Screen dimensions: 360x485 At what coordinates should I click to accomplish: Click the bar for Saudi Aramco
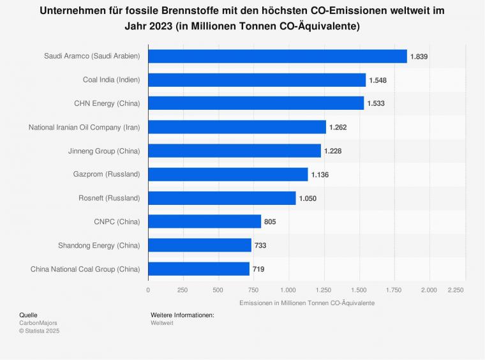tap(278, 56)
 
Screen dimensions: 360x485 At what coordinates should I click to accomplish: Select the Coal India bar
tap(257, 80)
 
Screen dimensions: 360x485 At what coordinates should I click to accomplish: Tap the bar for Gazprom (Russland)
tap(228, 174)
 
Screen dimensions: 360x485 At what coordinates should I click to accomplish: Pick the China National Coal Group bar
tap(198, 269)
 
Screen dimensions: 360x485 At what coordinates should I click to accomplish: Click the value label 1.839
tap(419, 56)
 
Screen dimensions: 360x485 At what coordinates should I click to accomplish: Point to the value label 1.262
tap(338, 127)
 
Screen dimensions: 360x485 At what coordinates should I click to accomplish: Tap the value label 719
tap(258, 269)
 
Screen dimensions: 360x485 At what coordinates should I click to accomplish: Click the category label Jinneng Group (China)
tap(104, 151)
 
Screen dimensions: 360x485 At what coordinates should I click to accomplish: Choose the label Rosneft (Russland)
tap(108, 198)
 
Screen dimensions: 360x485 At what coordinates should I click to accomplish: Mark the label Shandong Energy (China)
tap(99, 245)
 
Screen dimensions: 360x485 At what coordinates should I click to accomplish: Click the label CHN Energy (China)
tap(107, 103)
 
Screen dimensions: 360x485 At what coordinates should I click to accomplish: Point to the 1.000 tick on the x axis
tap(288, 289)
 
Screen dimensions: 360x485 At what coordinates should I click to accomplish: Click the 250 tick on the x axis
tap(183, 289)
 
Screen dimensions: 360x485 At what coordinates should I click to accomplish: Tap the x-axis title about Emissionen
tap(307, 303)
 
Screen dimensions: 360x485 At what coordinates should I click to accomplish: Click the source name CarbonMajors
tap(38, 323)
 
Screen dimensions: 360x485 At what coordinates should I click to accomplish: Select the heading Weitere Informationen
tap(183, 315)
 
